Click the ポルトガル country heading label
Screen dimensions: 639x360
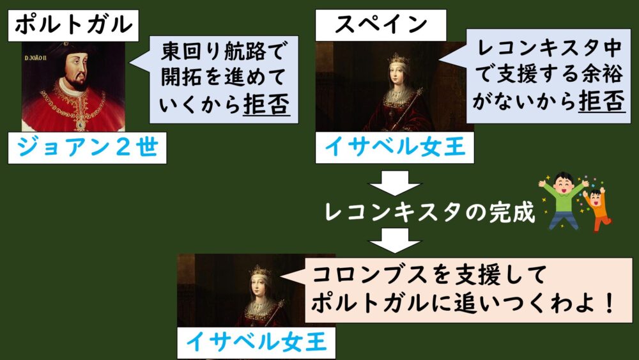[73, 26]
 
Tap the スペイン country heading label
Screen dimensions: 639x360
[381, 25]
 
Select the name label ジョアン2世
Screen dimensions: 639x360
[87, 148]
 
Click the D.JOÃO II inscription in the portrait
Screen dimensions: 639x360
[36, 58]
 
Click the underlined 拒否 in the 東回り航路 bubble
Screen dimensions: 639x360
[266, 104]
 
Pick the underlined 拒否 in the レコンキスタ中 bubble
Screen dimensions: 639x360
[601, 100]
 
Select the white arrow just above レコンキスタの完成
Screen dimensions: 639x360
[394, 183]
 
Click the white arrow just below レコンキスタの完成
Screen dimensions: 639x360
[394, 240]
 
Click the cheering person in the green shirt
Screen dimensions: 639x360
[563, 200]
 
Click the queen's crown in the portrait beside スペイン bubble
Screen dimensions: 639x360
[398, 59]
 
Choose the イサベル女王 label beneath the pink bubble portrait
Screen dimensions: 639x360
[256, 341]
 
